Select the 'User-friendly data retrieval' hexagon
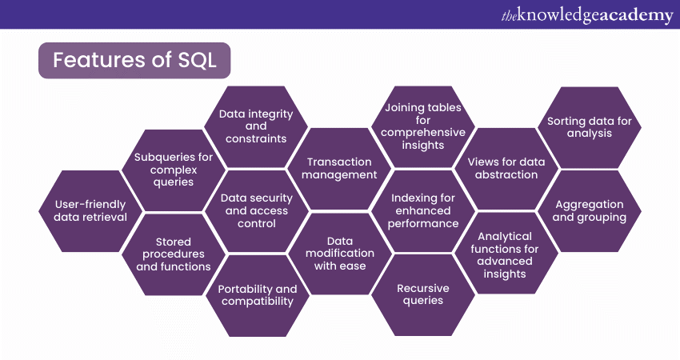[x=84, y=210]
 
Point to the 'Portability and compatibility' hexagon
[x=258, y=294]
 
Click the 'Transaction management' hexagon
[x=342, y=168]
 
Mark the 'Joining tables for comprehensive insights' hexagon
[x=424, y=126]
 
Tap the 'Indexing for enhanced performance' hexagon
[x=424, y=210]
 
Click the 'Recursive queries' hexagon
[x=423, y=294]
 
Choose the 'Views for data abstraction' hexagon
[x=506, y=168]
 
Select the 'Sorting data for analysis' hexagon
[x=590, y=127]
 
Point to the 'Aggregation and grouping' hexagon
[x=590, y=210]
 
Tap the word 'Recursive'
[x=423, y=288]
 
